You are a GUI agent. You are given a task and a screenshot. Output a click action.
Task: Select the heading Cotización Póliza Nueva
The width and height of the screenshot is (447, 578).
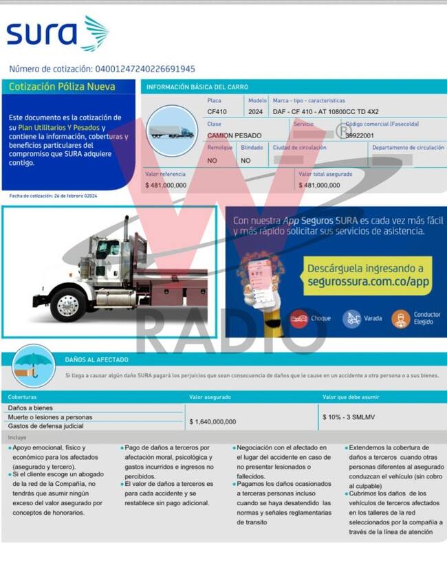point(62,87)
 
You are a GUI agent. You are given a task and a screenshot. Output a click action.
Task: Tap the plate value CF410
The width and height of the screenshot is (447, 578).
point(217,111)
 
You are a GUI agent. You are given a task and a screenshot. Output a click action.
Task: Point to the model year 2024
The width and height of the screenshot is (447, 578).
point(254,111)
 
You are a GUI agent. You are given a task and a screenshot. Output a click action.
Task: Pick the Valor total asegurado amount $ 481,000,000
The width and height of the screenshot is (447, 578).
point(319,185)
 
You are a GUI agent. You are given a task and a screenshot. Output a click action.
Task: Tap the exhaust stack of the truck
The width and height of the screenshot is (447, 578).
point(126,237)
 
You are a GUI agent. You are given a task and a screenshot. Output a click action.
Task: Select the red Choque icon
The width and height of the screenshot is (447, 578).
point(298,318)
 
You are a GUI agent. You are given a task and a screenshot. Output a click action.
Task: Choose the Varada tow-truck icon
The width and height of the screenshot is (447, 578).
point(351,318)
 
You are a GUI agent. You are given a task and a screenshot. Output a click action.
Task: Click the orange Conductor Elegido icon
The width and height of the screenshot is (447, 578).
point(400,318)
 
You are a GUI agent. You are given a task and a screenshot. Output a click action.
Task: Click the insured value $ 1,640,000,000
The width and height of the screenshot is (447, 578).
point(212,421)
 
